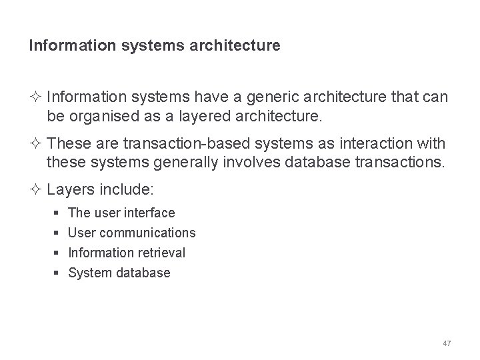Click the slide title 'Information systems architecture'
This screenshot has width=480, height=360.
pos(155,47)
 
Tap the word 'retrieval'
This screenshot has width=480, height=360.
pos(162,253)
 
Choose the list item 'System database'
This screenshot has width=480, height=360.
pos(119,273)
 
